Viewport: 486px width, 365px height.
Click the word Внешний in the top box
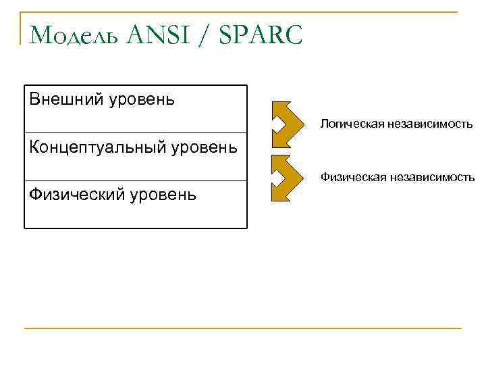(x=65, y=99)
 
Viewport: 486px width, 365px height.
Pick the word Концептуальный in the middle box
(x=96, y=147)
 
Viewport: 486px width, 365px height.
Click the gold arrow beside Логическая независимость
(x=289, y=124)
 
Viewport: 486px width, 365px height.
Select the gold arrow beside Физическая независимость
(x=289, y=178)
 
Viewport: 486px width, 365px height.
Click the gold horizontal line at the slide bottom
(x=243, y=328)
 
